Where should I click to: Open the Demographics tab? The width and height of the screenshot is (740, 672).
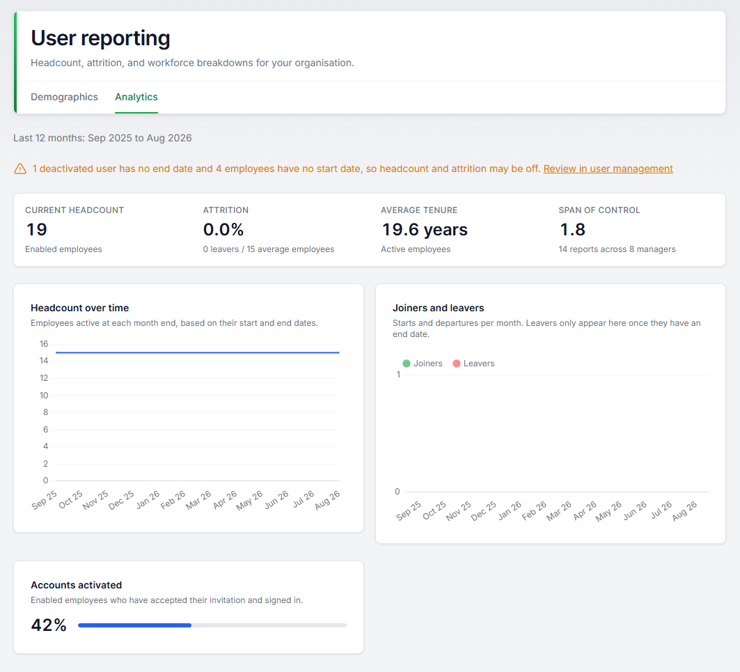(64, 97)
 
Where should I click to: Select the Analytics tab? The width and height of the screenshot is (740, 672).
(136, 97)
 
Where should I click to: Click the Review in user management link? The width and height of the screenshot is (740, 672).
(608, 169)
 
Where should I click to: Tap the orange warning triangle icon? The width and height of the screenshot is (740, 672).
(20, 169)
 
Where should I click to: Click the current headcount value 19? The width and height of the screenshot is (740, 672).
(37, 230)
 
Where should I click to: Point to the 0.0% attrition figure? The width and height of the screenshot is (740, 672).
(223, 230)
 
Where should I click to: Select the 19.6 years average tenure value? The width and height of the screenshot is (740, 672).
(424, 230)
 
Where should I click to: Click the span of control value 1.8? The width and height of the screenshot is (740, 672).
(572, 230)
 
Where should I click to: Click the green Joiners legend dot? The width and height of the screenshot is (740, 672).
(407, 364)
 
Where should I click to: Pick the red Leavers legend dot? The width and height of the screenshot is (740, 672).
(457, 364)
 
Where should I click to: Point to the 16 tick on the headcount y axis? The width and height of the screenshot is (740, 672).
(44, 344)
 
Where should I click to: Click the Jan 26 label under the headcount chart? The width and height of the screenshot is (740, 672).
(148, 500)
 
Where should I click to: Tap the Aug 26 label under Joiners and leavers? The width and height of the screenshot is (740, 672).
(684, 511)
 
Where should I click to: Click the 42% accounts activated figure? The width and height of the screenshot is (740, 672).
(49, 625)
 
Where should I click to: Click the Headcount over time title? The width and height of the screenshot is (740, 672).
(80, 308)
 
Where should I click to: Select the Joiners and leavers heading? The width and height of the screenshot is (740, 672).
(439, 308)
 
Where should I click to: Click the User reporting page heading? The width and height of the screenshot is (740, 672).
(100, 38)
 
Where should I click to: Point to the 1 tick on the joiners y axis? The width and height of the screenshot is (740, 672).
(398, 375)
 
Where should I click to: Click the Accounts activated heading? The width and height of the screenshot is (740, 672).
(77, 585)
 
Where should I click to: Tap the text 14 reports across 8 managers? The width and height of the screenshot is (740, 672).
(617, 249)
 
